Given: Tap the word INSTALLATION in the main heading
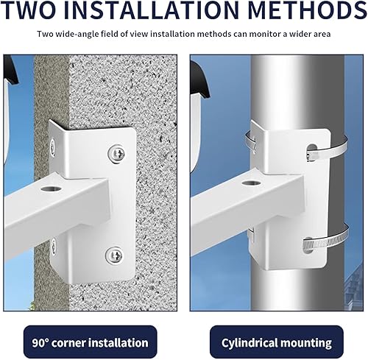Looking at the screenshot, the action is [x=155, y=10].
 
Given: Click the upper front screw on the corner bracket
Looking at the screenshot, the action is [x=116, y=154].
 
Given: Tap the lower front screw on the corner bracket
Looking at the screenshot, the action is [x=114, y=255].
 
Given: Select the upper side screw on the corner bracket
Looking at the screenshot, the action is [x=52, y=147].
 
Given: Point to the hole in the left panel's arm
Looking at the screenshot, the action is [x=51, y=188].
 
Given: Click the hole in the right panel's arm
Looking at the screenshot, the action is [x=251, y=183].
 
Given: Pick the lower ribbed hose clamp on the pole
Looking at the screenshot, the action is [x=326, y=241].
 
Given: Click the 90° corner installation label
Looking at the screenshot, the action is [x=90, y=342].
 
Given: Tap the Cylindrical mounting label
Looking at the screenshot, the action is [x=277, y=342].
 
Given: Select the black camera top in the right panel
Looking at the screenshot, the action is [x=200, y=79].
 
